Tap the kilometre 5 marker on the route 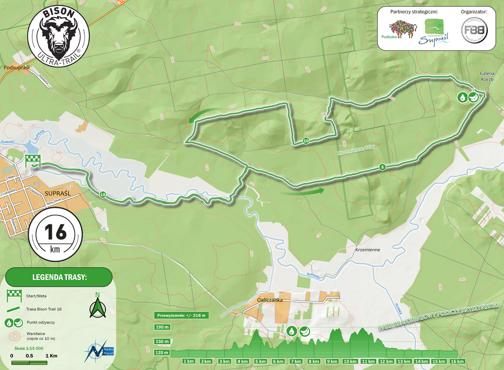[382, 167]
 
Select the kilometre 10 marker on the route [306, 140]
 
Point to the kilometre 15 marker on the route [103, 194]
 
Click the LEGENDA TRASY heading [59, 277]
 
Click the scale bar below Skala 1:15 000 [29, 362]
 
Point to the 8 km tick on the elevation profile [314, 361]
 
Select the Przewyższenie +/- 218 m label [180, 315]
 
